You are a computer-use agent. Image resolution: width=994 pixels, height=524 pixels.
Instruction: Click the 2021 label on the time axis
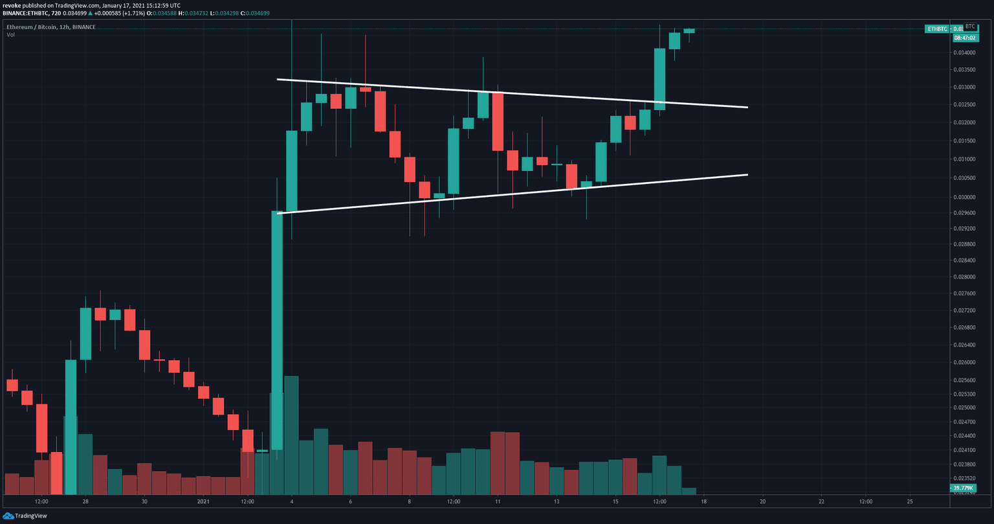[x=203, y=501]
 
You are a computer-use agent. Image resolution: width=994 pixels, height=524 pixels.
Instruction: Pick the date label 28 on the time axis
[x=85, y=501]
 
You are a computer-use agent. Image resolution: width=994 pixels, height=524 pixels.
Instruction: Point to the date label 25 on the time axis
[x=909, y=501]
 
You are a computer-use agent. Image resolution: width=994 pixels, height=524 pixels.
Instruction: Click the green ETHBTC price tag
[x=937, y=28]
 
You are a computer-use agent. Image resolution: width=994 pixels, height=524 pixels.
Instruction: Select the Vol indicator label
[x=11, y=34]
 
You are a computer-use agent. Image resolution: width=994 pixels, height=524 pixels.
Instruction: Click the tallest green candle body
[x=277, y=330]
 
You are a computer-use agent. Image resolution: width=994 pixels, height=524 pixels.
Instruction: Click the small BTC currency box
[x=969, y=27]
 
